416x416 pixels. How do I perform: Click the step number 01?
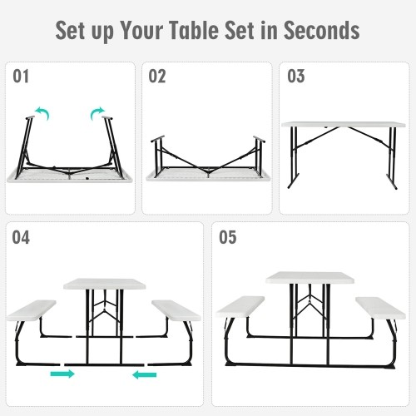pos(21,77)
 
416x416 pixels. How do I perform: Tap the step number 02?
pos(157,77)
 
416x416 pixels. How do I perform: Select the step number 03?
pos(296,77)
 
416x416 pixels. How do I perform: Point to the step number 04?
pos(21,238)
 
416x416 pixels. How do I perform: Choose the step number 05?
pos(227,238)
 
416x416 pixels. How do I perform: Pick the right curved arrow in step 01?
pos(98,111)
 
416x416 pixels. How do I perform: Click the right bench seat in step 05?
pos(379,305)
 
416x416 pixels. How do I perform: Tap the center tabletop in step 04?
pos(103,284)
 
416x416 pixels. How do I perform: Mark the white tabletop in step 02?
pos(206,176)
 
